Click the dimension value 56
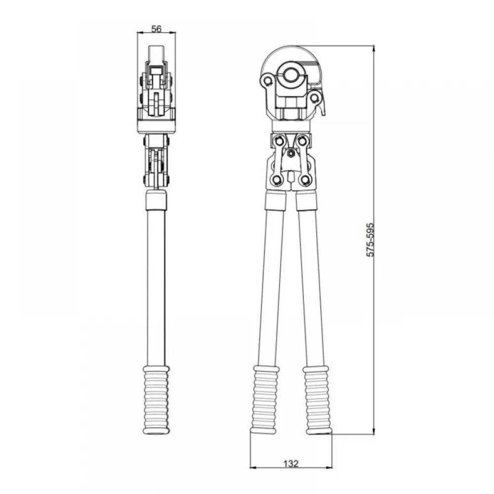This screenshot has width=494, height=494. pos(156,29)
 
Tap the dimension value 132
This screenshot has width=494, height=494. pos(290,463)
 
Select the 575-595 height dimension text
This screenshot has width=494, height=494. pos(370,240)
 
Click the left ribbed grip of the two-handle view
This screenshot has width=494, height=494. pos(265,400)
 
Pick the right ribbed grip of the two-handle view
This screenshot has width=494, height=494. pos(317,400)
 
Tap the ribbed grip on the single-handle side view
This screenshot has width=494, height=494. pos(156,400)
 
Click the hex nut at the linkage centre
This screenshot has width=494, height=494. pos(291,154)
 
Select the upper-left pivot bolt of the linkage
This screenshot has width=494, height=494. pos(279,140)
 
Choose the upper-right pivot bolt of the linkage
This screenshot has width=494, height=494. pos(302,140)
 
